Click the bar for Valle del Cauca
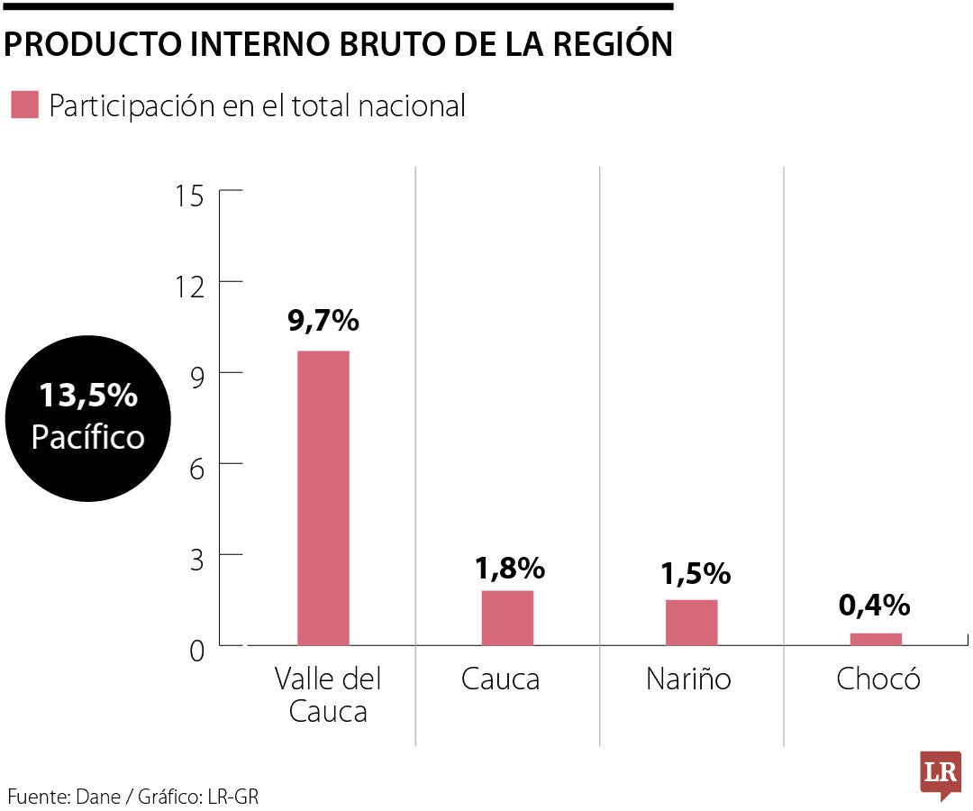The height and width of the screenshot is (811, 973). point(323,497)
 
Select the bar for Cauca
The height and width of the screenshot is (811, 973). point(507,618)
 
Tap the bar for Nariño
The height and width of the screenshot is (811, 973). point(691,623)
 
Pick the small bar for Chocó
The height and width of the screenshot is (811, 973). point(876,639)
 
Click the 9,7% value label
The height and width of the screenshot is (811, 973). point(323,320)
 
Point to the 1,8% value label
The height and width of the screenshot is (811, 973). point(509,569)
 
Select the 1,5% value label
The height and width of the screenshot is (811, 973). point(695,573)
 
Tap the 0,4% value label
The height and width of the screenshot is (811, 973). point(874,606)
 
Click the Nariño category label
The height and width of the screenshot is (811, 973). point(688,679)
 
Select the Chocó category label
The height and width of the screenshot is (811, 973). point(878,679)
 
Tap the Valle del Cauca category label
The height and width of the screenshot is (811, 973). point(328,695)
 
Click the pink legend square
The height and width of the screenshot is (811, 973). point(24,105)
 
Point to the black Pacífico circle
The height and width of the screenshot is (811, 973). point(87,416)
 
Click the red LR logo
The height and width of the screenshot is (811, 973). point(940,774)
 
